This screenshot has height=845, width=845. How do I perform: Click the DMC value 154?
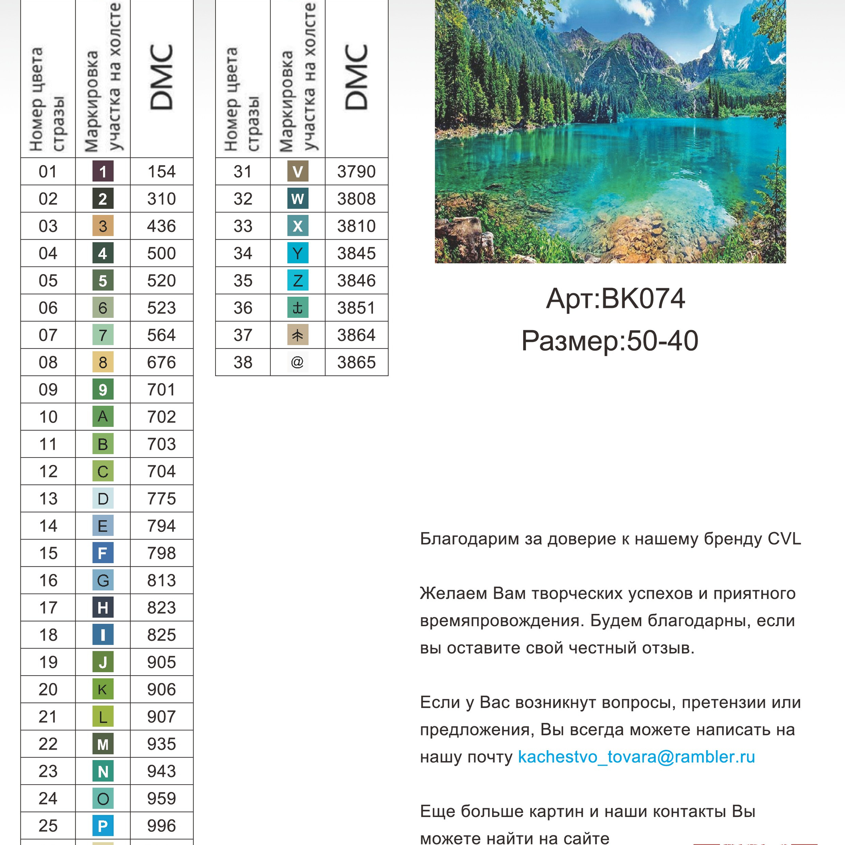pos(161,171)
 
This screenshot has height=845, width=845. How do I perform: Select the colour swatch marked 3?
pos(103,226)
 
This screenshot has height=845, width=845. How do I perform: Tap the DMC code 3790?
pos(356,171)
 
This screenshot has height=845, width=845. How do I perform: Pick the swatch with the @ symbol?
pos(297,362)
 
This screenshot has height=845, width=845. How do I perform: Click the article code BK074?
pos(643,299)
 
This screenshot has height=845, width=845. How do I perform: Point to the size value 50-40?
pos(662,341)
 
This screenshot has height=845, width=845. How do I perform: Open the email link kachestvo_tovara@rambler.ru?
pos(636,757)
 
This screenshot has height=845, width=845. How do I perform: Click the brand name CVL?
pos(784,539)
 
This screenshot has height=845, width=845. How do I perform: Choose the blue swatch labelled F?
pos(103,553)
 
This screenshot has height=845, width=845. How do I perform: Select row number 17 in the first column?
pos(48,607)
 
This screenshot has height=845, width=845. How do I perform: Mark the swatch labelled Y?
pos(297,253)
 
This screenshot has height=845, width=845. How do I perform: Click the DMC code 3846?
pos(356,280)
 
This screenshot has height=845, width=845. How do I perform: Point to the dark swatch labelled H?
pos(103,607)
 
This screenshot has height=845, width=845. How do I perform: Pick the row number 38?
pos(243,362)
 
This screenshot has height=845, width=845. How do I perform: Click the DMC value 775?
pos(161,499)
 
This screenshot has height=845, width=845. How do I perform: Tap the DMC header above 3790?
pos(356,77)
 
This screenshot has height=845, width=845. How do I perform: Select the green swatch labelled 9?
pos(103,389)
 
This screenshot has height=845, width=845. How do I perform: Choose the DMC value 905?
pos(161,662)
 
